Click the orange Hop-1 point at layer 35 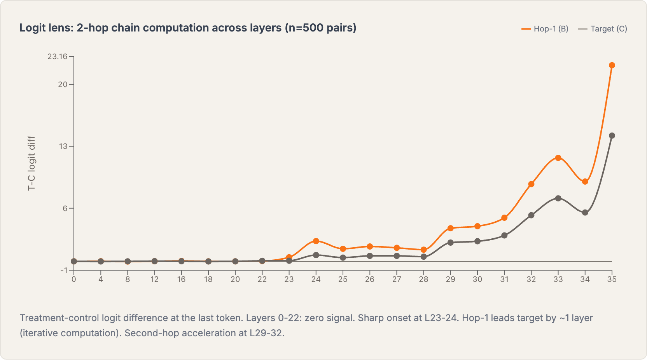(612, 65)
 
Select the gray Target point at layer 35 (612, 136)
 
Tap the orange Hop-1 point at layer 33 (558, 158)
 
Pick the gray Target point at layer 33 (558, 198)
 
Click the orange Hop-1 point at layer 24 (316, 241)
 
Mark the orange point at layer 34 (585, 182)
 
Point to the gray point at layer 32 (531, 215)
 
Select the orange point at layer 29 (450, 228)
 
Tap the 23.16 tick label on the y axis (57, 56)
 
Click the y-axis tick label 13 (63, 146)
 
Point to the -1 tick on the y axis (64, 270)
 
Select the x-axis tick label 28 (423, 279)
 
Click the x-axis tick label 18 (208, 279)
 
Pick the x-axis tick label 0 (73, 279)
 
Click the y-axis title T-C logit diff (31, 163)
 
